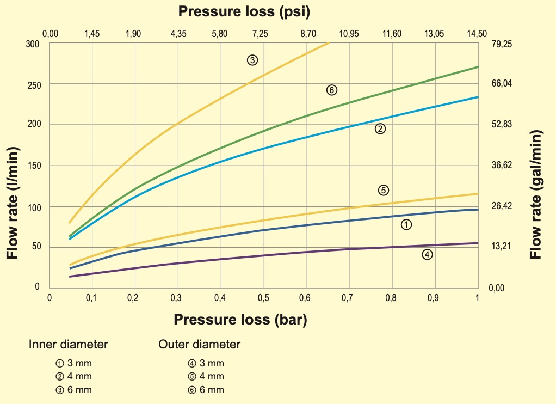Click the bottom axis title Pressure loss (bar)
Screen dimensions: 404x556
click(240, 320)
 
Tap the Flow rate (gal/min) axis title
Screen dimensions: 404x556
click(536, 194)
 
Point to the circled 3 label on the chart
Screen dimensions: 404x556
click(252, 60)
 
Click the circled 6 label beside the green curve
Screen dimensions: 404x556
click(332, 90)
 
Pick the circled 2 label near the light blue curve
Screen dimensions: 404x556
click(380, 128)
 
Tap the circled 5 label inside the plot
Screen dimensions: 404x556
click(383, 190)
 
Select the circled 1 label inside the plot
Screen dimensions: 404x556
click(406, 224)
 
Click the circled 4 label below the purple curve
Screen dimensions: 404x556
click(427, 254)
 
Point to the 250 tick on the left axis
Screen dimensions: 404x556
click(34, 84)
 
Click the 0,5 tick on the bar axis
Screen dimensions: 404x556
click(264, 298)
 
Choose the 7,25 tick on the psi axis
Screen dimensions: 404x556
click(260, 34)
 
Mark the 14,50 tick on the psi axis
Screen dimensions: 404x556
click(477, 34)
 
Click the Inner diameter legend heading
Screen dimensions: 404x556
click(68, 344)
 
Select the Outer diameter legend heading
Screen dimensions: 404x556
click(199, 344)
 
